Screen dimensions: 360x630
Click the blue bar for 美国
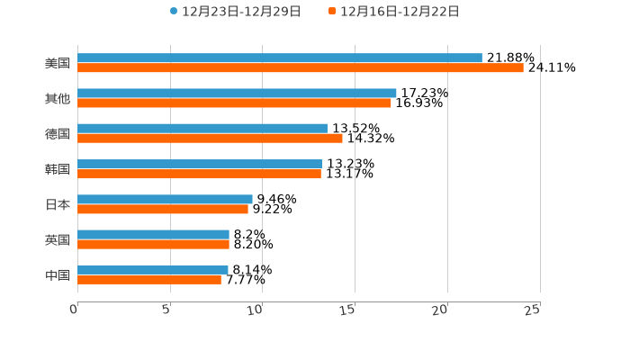(x=279, y=58)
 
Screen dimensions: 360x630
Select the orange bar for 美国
(x=300, y=68)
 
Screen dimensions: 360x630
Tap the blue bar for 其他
(x=237, y=94)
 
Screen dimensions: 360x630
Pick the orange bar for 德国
(x=210, y=139)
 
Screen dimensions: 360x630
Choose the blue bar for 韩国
(x=200, y=164)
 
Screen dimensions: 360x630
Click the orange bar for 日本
(x=163, y=209)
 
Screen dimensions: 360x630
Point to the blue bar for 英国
(x=153, y=234)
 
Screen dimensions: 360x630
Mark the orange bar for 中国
(x=149, y=279)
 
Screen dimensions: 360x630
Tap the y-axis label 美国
(x=58, y=64)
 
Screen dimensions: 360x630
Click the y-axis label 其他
(x=58, y=99)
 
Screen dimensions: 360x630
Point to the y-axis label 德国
(x=58, y=134)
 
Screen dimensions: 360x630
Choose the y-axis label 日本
(x=58, y=204)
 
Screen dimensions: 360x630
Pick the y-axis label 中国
(x=58, y=274)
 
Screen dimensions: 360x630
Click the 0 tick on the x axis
(x=75, y=310)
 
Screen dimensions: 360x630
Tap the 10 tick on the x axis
(x=257, y=310)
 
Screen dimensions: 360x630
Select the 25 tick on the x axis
(x=533, y=310)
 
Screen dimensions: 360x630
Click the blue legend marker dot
(x=174, y=12)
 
